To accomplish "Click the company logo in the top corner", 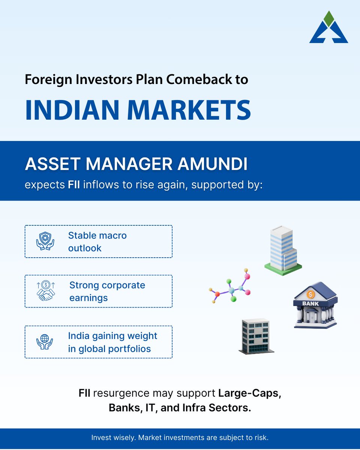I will click(x=328, y=28).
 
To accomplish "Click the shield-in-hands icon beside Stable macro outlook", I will click(x=45, y=241).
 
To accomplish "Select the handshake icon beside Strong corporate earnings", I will click(x=46, y=291).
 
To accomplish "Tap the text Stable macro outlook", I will click(x=97, y=241).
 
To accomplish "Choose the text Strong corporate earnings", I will click(x=107, y=291).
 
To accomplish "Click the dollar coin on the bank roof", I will click(x=310, y=294).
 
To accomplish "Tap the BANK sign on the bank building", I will click(x=310, y=303).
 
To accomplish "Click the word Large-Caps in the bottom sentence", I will click(x=249, y=394).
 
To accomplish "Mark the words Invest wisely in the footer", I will click(x=108, y=438).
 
